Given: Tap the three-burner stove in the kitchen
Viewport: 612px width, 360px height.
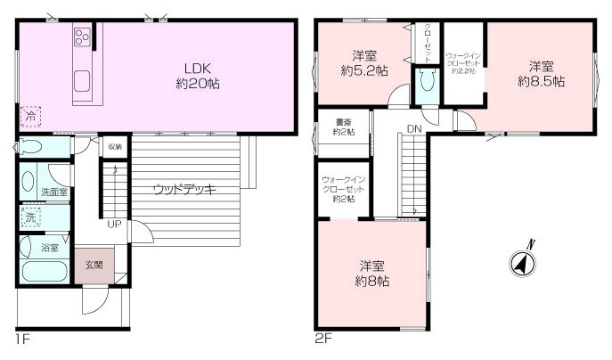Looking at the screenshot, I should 82,38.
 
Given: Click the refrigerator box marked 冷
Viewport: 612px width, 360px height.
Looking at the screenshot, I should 29,114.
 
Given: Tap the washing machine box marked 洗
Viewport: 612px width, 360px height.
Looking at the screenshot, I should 29,217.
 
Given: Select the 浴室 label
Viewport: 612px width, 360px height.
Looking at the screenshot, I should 50,247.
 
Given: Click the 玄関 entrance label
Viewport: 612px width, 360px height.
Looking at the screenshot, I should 94,265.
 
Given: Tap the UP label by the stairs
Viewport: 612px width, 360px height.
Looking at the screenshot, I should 114,224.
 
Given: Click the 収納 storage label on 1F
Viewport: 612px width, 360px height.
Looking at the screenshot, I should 115,146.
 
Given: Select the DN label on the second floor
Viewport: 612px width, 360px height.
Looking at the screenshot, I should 413,129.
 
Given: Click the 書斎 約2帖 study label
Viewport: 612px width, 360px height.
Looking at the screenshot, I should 342,127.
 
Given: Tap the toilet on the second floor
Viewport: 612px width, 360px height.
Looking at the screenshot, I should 428,84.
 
